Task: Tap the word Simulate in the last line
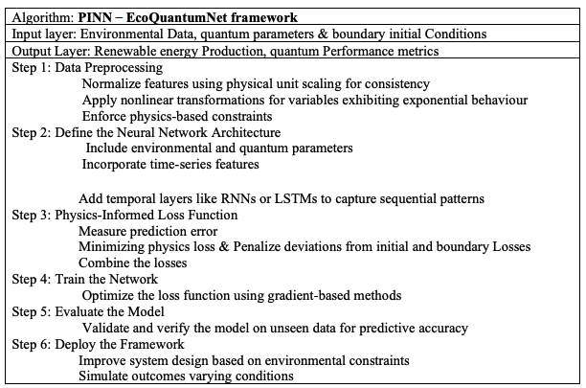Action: [x=106, y=376]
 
